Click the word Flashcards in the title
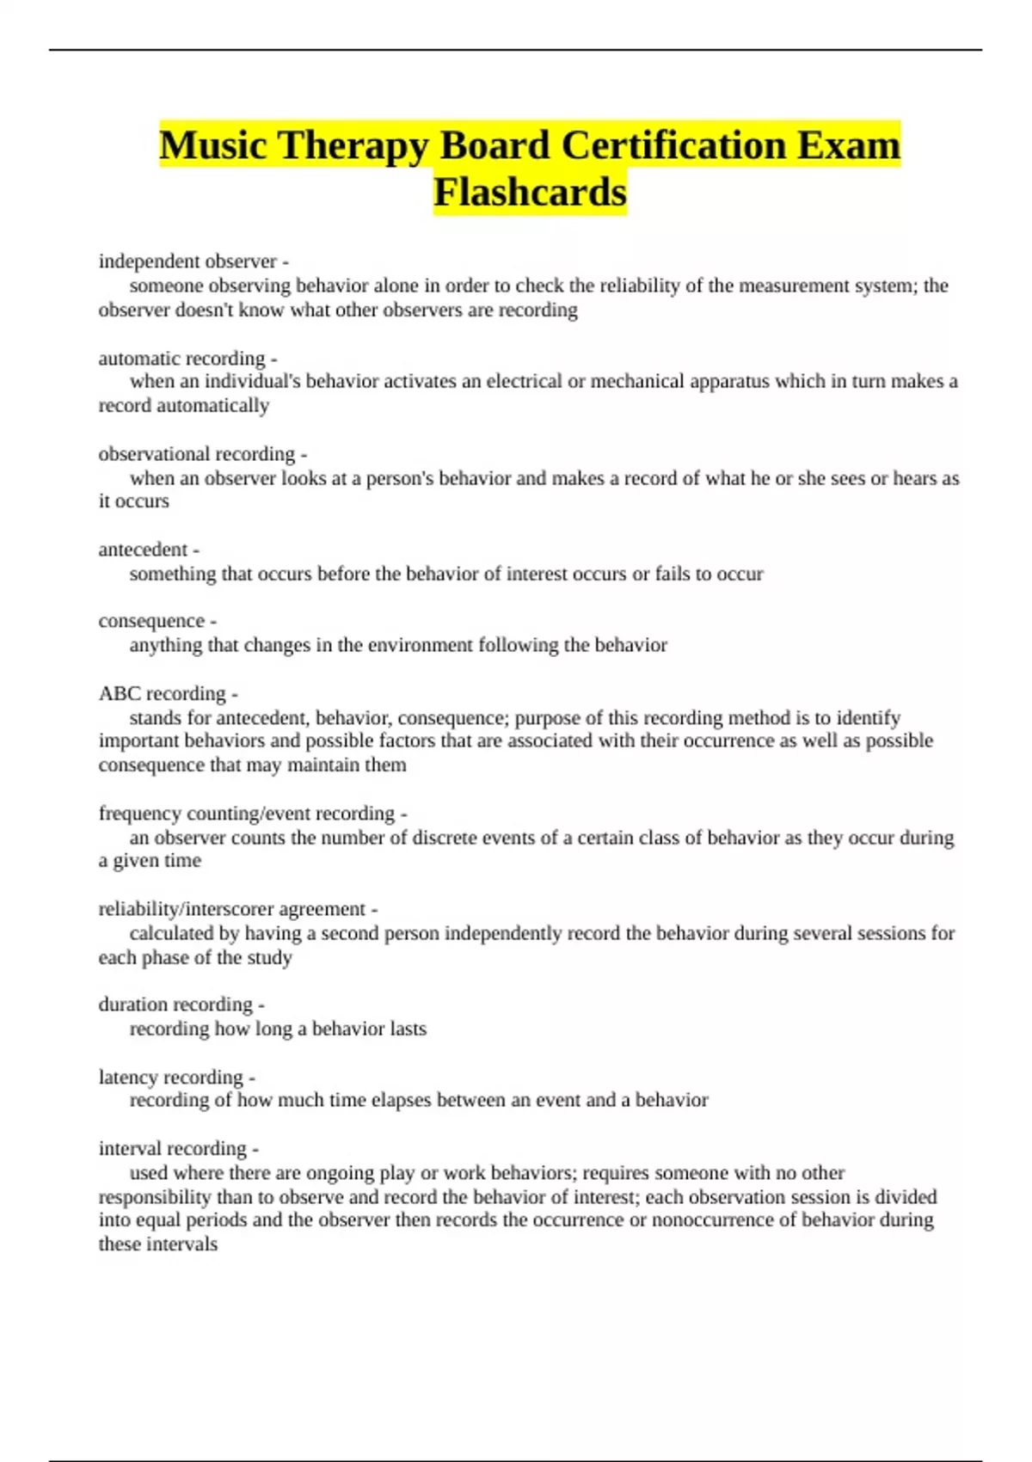coord(530,192)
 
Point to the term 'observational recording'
coord(196,454)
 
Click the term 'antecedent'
coord(143,550)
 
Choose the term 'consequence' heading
coord(151,621)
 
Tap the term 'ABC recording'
coord(162,694)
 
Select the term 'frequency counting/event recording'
coord(247,814)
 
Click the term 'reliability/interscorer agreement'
coord(232,909)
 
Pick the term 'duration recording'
coord(175,1004)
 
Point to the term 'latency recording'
coord(171,1078)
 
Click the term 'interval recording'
coord(173,1149)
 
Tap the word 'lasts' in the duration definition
coord(407,1029)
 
